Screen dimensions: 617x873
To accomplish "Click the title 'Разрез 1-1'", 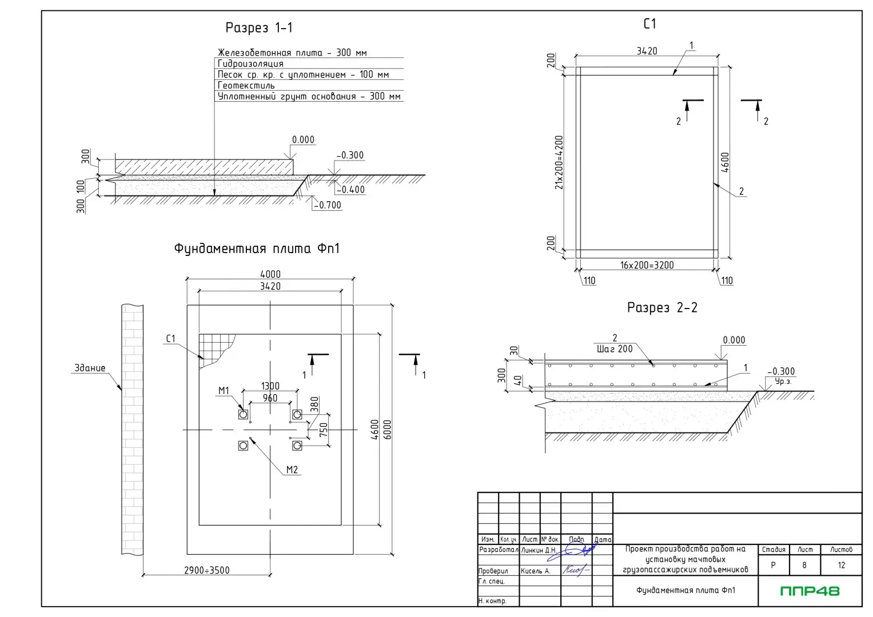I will click(x=259, y=27).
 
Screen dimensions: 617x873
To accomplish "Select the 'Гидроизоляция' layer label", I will click(x=250, y=63).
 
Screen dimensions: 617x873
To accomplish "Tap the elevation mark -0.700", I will click(x=328, y=205).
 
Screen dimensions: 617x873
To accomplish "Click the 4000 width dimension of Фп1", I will click(x=270, y=274).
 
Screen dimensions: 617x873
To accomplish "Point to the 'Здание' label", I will click(x=90, y=368).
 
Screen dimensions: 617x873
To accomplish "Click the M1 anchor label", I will click(x=224, y=391).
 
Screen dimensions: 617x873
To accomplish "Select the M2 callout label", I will click(x=292, y=470).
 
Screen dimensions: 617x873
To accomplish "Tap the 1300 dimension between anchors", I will click(x=270, y=386).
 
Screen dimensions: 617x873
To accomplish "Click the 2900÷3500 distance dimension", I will click(x=207, y=570).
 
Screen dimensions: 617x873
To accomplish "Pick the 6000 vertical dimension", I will click(x=388, y=430).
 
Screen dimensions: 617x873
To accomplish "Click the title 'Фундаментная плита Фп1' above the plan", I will click(x=257, y=249).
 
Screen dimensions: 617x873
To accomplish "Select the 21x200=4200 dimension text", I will click(x=559, y=162).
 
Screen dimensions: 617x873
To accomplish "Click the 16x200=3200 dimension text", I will click(x=647, y=265).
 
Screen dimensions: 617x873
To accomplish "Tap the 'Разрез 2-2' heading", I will click(x=662, y=307).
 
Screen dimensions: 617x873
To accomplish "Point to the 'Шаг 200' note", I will click(x=615, y=349).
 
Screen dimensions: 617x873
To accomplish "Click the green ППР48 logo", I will click(x=810, y=591).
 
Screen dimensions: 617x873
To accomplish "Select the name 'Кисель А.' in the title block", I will click(x=535, y=571).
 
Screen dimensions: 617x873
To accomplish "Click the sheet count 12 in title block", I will click(x=841, y=565).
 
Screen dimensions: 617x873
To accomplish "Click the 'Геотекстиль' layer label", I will click(x=246, y=86).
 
